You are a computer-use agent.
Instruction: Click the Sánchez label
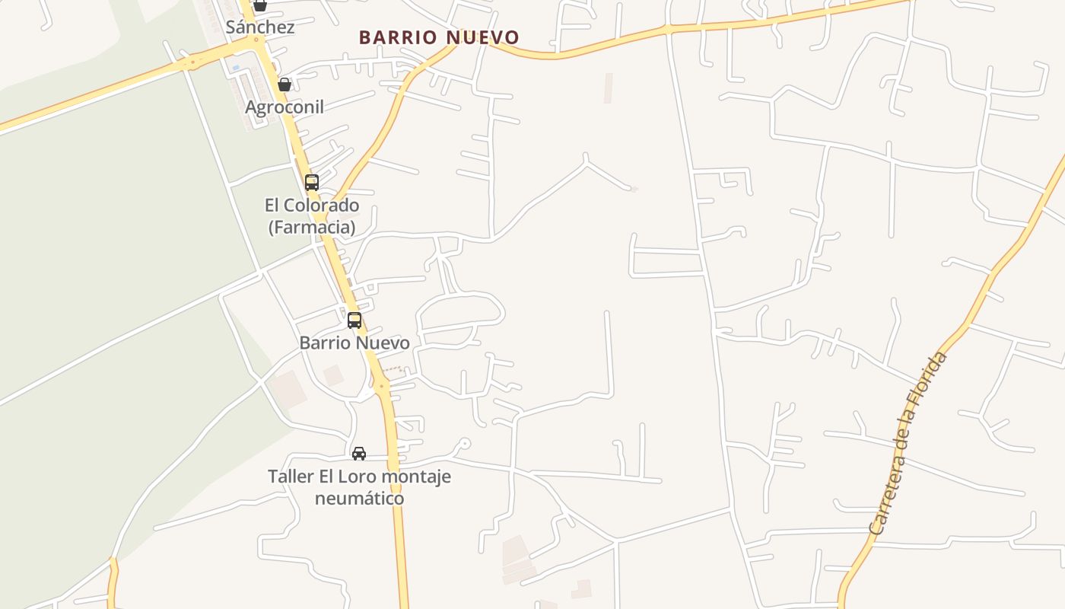(260, 27)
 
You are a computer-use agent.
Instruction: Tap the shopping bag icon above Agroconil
(284, 84)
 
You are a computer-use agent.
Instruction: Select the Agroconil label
(284, 107)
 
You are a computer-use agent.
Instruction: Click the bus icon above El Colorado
(311, 183)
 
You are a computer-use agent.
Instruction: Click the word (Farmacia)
(312, 227)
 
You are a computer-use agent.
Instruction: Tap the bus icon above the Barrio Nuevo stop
(354, 320)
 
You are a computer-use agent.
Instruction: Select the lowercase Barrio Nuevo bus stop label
(354, 343)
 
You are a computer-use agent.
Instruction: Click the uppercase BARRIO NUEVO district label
(439, 37)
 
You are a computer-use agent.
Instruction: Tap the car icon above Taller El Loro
(359, 454)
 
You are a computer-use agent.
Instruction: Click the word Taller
(290, 477)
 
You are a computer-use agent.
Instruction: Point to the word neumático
(359, 499)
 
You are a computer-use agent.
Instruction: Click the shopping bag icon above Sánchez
(260, 5)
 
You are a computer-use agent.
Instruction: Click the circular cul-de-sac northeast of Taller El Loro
(465, 443)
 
